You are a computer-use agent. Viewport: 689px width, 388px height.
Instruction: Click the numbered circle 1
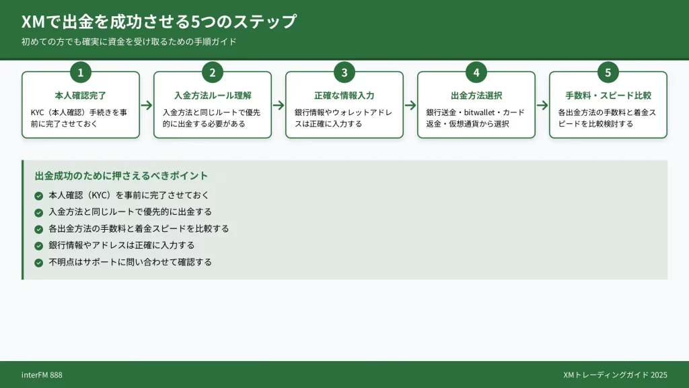click(81, 72)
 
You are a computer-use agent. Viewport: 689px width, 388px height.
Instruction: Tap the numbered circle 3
click(344, 72)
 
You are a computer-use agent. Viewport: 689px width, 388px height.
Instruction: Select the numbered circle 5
click(608, 72)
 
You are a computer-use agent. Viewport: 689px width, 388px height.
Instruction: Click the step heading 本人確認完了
click(81, 96)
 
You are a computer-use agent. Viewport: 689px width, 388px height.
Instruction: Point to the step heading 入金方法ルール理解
click(213, 96)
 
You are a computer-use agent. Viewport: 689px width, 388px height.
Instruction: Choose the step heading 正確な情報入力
click(344, 96)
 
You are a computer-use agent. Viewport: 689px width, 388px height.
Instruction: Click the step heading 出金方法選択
click(476, 96)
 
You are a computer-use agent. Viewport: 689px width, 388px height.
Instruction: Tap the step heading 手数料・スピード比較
click(608, 96)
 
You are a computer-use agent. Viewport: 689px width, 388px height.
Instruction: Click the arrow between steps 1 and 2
click(147, 105)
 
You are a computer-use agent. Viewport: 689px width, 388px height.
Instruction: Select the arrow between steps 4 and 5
click(542, 105)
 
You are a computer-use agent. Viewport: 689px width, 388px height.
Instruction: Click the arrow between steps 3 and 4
click(410, 105)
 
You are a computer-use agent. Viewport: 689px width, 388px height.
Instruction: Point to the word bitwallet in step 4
click(475, 112)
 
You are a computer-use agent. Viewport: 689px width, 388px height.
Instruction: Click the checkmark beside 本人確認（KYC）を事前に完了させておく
click(38, 195)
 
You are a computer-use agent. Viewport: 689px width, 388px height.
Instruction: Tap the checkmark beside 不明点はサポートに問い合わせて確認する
click(38, 262)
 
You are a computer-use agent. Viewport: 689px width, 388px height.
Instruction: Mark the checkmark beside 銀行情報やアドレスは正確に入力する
click(38, 245)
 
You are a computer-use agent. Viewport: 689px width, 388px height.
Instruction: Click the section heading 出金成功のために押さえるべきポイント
click(121, 176)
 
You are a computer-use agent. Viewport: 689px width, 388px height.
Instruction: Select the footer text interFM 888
click(42, 375)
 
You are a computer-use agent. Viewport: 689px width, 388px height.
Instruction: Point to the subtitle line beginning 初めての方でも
click(129, 42)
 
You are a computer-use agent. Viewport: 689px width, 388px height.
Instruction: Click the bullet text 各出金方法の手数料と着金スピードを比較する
click(139, 228)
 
